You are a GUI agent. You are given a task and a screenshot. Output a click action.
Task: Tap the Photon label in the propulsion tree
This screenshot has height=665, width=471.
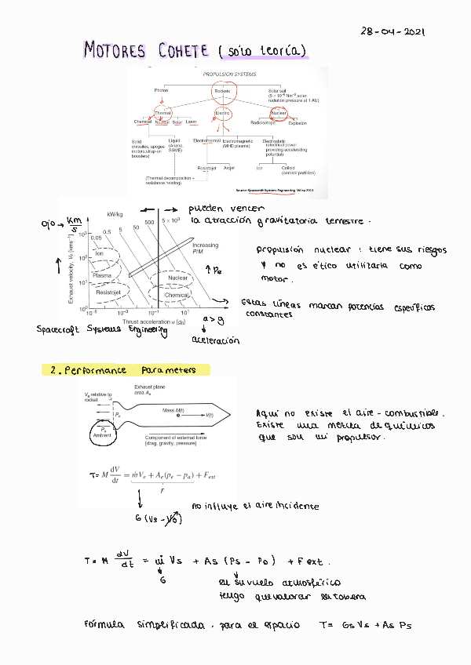coord(161,92)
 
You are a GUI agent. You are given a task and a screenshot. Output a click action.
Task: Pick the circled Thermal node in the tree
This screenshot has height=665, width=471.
coord(162,114)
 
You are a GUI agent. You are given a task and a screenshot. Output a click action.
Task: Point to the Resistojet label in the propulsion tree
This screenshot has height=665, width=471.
coord(207,168)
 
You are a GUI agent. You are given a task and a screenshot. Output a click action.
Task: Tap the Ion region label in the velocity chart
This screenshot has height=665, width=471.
coord(99,253)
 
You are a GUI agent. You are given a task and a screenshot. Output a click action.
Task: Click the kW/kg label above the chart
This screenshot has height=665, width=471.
coord(116,213)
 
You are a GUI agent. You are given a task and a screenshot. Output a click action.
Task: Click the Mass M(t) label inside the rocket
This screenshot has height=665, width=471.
coord(174,410)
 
